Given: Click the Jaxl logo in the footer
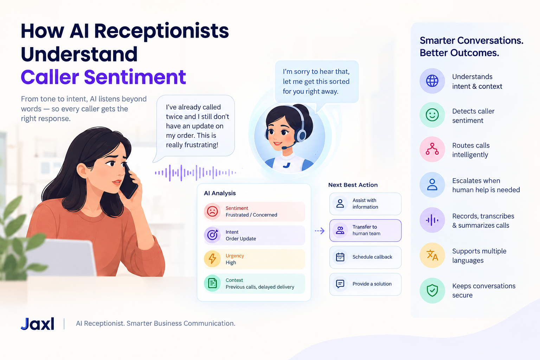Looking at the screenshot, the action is tap(37, 323).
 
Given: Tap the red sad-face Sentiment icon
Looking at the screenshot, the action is tap(212, 212).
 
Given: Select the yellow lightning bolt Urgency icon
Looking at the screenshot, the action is tap(212, 259).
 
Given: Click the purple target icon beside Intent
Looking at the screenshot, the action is tap(212, 235).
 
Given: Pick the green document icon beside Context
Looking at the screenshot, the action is tap(212, 283).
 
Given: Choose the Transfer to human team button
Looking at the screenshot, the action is tap(365, 230).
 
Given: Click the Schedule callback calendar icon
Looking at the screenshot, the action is tap(340, 257).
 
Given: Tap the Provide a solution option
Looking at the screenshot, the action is tap(365, 284).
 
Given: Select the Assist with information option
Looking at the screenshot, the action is tap(365, 204).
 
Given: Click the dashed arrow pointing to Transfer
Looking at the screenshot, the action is tap(320, 231).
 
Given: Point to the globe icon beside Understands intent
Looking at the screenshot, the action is tap(432, 81).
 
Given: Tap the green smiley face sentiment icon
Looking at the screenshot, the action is tap(432, 115).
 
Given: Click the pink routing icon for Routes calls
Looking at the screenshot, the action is tap(432, 149).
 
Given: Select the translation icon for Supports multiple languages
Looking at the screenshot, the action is tap(432, 255).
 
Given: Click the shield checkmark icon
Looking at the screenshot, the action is tap(432, 290).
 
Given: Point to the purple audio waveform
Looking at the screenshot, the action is tap(195, 173).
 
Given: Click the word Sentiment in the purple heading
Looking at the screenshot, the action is tap(135, 77).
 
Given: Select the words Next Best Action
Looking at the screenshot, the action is tap(353, 185).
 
